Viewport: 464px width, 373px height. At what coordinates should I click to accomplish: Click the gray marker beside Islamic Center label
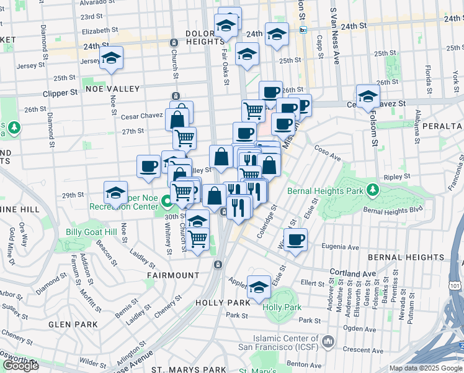[328, 341]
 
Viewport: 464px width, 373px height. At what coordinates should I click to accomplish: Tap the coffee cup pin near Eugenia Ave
[295, 239]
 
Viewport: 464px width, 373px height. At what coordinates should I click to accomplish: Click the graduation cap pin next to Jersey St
[112, 59]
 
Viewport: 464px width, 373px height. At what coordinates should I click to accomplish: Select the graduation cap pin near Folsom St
[368, 96]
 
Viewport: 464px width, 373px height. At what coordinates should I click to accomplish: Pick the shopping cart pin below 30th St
[198, 238]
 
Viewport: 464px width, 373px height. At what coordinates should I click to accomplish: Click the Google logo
[20, 365]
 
